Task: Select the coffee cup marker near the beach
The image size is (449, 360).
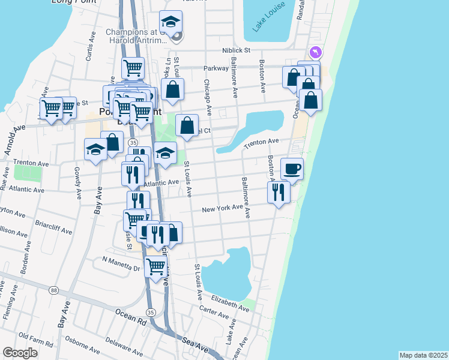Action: [292, 169]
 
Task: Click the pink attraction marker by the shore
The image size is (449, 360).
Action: [315, 53]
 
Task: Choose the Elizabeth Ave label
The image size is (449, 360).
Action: [230, 302]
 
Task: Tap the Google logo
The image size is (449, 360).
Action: [20, 353]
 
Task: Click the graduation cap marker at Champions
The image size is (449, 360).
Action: [171, 23]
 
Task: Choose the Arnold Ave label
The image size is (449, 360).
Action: [15, 140]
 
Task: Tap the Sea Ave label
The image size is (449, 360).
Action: [195, 345]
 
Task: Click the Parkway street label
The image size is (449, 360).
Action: [216, 68]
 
